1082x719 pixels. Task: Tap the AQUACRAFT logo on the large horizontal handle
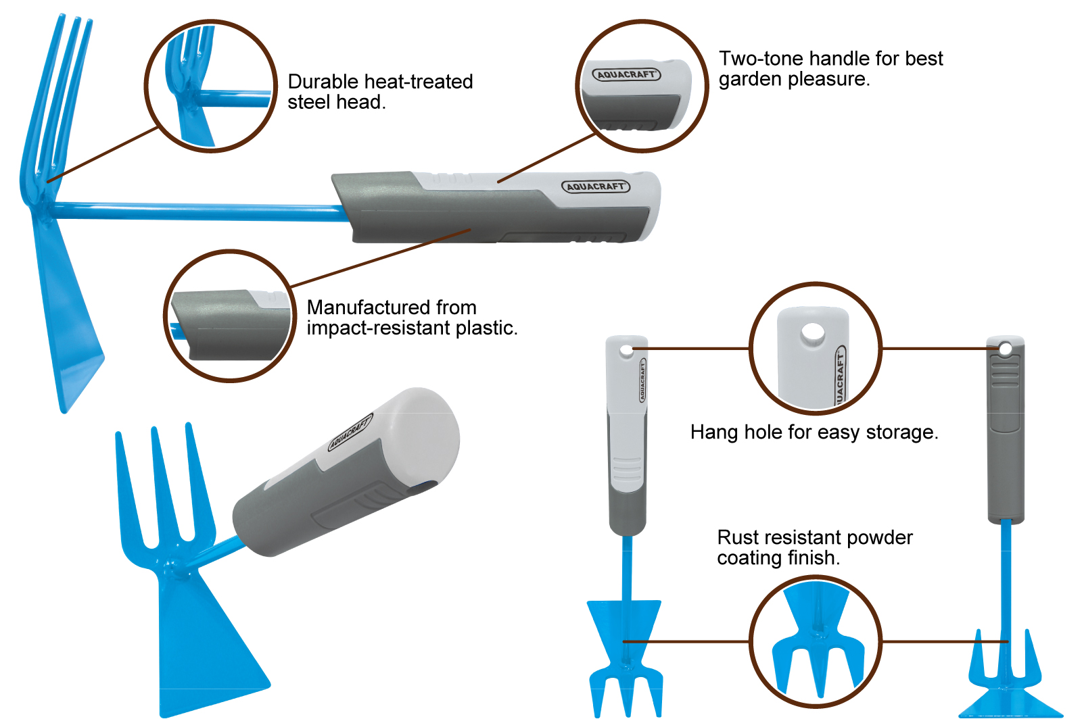point(596,187)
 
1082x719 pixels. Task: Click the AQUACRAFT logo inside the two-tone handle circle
point(626,74)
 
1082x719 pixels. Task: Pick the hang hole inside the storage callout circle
point(813,333)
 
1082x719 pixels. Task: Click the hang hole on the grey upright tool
point(1005,349)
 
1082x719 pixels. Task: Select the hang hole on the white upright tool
point(626,351)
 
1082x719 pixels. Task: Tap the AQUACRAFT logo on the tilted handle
point(350,432)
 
